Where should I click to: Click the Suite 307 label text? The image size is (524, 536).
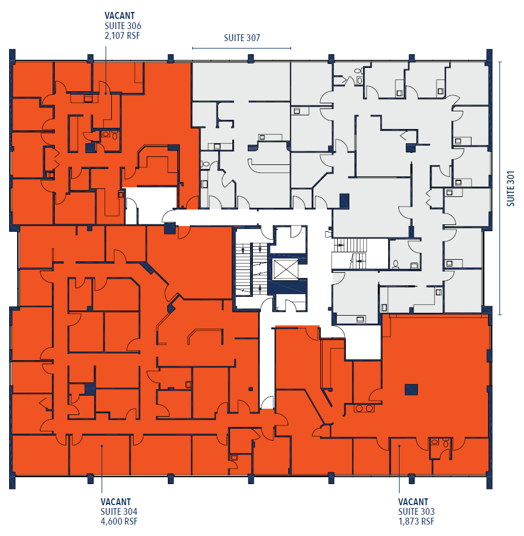coord(242,38)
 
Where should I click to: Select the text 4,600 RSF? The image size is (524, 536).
coord(119,521)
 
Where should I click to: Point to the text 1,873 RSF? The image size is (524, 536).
coord(417,521)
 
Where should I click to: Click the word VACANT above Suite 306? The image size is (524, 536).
coord(119,15)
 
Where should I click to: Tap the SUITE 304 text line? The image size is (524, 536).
coord(119,511)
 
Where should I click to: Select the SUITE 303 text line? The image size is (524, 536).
coord(417,511)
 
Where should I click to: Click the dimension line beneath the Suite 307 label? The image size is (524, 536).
coord(242,49)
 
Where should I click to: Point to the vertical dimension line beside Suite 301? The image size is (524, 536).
coord(500,188)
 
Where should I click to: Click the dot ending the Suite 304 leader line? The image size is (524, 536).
coord(102,446)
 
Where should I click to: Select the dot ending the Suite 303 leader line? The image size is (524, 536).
coord(399,446)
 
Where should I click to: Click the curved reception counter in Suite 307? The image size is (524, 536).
coord(260,166)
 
